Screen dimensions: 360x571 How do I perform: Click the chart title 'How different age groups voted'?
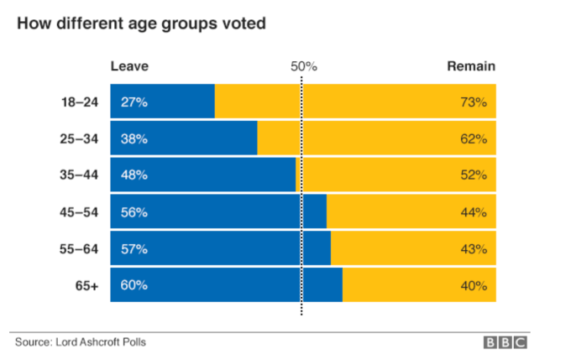coord(141,23)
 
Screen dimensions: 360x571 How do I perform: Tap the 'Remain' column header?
coord(470,66)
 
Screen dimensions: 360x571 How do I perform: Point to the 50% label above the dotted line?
coord(303,66)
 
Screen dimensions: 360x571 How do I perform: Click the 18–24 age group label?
coord(80,102)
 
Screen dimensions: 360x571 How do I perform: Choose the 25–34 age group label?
coord(80,139)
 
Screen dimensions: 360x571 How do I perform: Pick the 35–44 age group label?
coord(80,175)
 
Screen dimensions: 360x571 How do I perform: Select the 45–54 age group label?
coord(80,212)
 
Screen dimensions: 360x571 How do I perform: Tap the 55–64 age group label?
coord(80,249)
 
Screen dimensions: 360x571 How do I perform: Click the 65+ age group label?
coord(86,285)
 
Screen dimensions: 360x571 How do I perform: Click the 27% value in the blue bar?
coord(134,102)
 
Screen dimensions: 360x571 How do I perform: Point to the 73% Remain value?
coord(473,102)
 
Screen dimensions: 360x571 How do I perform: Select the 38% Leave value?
coord(134,139)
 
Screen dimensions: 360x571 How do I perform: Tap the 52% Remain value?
coord(473,175)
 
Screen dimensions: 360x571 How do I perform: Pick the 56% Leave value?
coord(134,212)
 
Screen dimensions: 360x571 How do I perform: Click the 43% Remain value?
coord(473,249)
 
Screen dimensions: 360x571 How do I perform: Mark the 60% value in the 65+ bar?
coord(134,285)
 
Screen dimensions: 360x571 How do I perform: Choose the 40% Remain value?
coord(473,285)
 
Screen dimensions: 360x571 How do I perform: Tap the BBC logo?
coord(505,342)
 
